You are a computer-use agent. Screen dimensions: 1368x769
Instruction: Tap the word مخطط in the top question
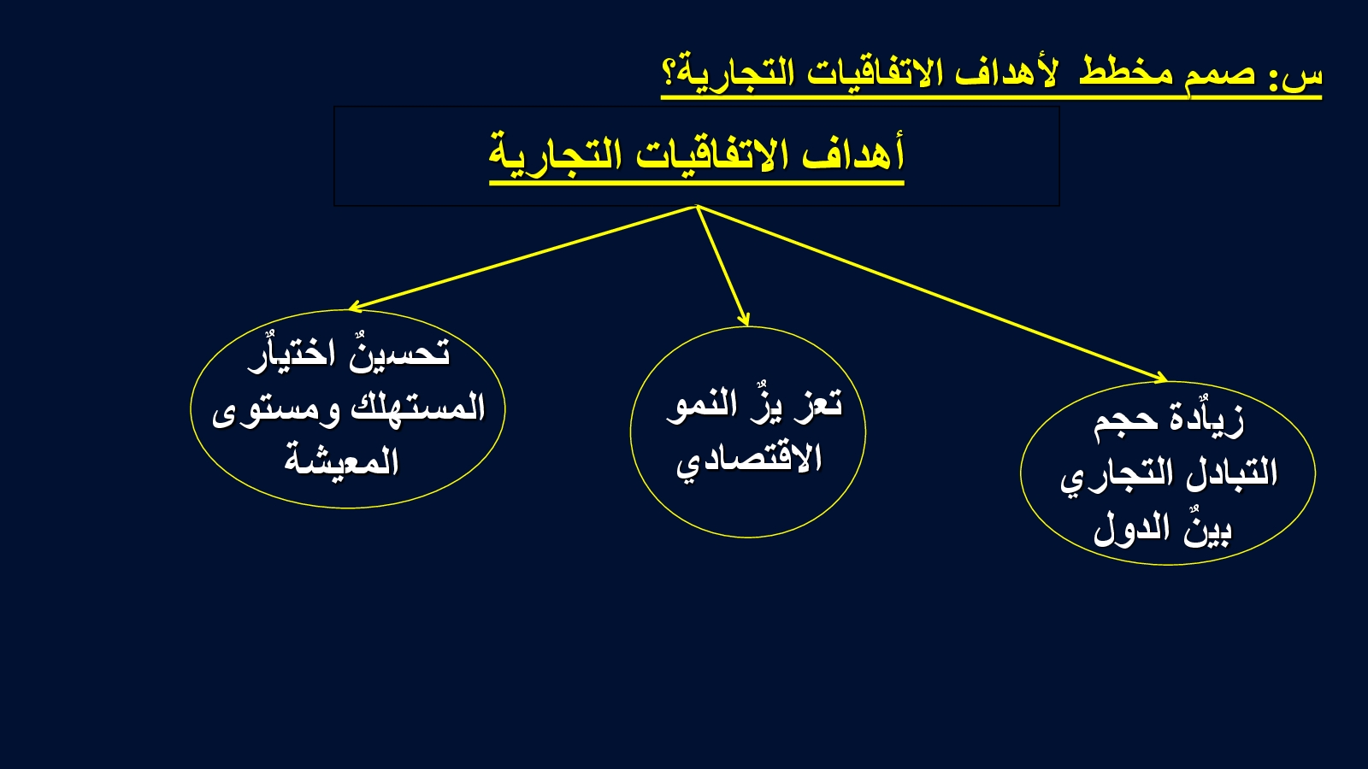[x=1125, y=72]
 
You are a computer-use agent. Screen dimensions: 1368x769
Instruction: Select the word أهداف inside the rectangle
[x=852, y=153]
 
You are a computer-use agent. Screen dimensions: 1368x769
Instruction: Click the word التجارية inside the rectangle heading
[x=555, y=155]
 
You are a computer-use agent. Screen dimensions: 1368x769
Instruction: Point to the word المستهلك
[x=418, y=407]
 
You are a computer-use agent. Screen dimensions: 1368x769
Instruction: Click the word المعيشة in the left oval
[x=341, y=461]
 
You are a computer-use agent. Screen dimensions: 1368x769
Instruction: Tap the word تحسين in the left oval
[x=399, y=353]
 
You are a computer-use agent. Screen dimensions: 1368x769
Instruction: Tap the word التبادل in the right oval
[x=1231, y=473]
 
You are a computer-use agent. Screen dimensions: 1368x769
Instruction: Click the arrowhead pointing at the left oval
[x=355, y=307]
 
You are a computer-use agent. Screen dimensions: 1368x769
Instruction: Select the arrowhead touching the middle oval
[x=745, y=320]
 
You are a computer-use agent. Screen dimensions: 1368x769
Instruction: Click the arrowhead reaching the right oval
[x=1159, y=378]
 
